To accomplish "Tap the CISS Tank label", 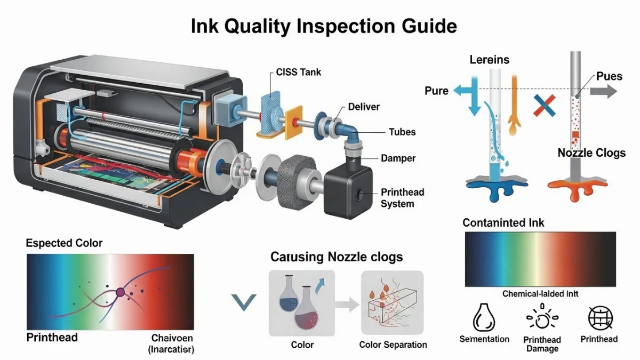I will click(299, 72).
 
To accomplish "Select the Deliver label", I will click(364, 107).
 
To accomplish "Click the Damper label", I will click(398, 158).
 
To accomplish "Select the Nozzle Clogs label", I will click(591, 153).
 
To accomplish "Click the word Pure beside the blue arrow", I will click(436, 91).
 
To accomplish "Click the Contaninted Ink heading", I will click(503, 222).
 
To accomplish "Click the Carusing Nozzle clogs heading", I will click(337, 257).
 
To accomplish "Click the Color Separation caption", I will click(393, 345).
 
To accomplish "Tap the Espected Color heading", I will click(64, 243).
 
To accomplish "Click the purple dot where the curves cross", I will click(120, 292).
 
